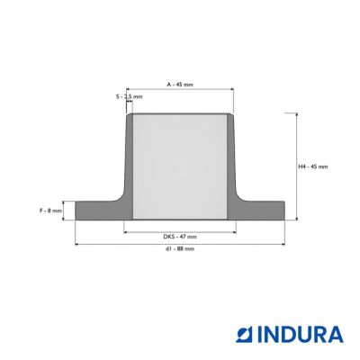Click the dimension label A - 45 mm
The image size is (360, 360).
(180, 85)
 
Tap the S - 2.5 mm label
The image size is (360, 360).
(129, 96)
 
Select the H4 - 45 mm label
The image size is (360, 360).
(313, 166)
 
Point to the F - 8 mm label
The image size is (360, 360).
(50, 211)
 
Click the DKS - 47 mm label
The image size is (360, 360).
(180, 237)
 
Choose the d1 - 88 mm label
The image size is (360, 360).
(180, 249)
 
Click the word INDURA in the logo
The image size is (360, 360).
(301, 335)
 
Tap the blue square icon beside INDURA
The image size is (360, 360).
(245, 335)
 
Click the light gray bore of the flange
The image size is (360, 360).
(180, 166)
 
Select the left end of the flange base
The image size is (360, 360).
(76, 211)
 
